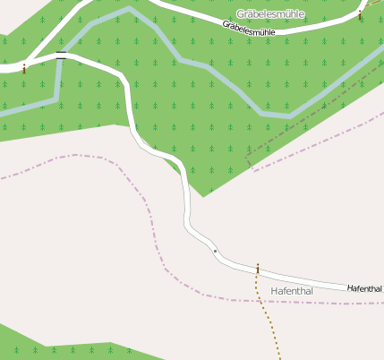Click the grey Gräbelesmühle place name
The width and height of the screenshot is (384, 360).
pos(270,14)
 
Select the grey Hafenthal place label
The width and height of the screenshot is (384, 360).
pos(292,291)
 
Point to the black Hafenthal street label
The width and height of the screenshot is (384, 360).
pos(364,288)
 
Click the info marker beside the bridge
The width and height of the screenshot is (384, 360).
pos(24,65)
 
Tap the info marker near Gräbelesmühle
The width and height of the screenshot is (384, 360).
pos(360,15)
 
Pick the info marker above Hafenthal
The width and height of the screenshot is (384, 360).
pos(258,269)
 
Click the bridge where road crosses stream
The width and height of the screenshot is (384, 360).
pos(60,56)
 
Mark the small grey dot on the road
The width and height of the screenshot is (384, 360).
pos(215,251)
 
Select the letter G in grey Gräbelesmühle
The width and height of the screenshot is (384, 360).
pos(241,14)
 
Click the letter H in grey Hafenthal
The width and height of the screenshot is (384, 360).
pos(274,291)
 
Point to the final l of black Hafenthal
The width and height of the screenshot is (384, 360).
pos(380,289)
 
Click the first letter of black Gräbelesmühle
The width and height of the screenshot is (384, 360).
pos(226,25)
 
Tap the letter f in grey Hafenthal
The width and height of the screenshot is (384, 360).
pos(286,291)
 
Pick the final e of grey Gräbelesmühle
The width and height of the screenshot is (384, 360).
pos(301,14)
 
